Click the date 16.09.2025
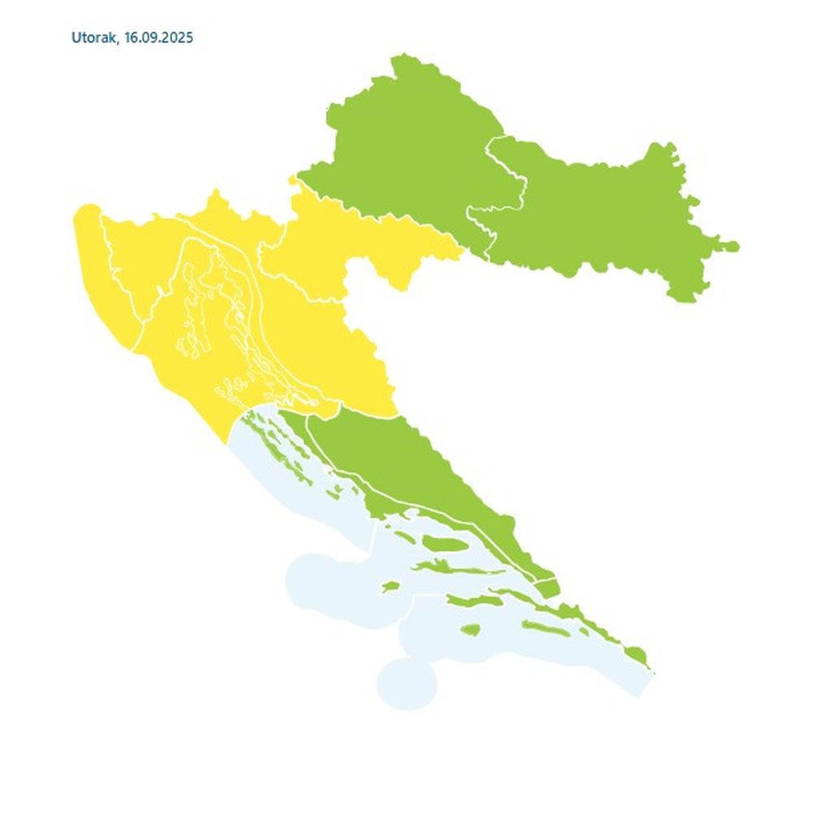coord(159,38)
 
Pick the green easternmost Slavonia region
coord(601,211)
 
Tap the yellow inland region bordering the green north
coord(349,235)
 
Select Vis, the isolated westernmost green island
coord(390,585)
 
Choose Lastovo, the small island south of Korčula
coord(470,629)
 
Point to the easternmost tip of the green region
coord(734,245)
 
